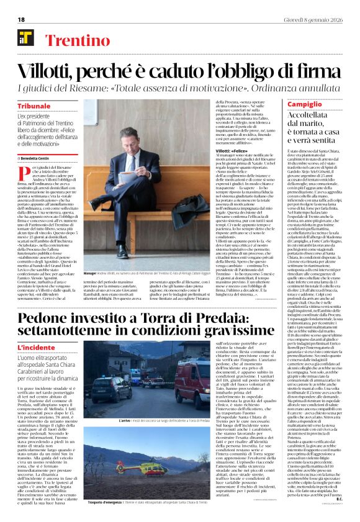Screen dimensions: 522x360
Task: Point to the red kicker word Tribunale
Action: coord(34,106)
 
